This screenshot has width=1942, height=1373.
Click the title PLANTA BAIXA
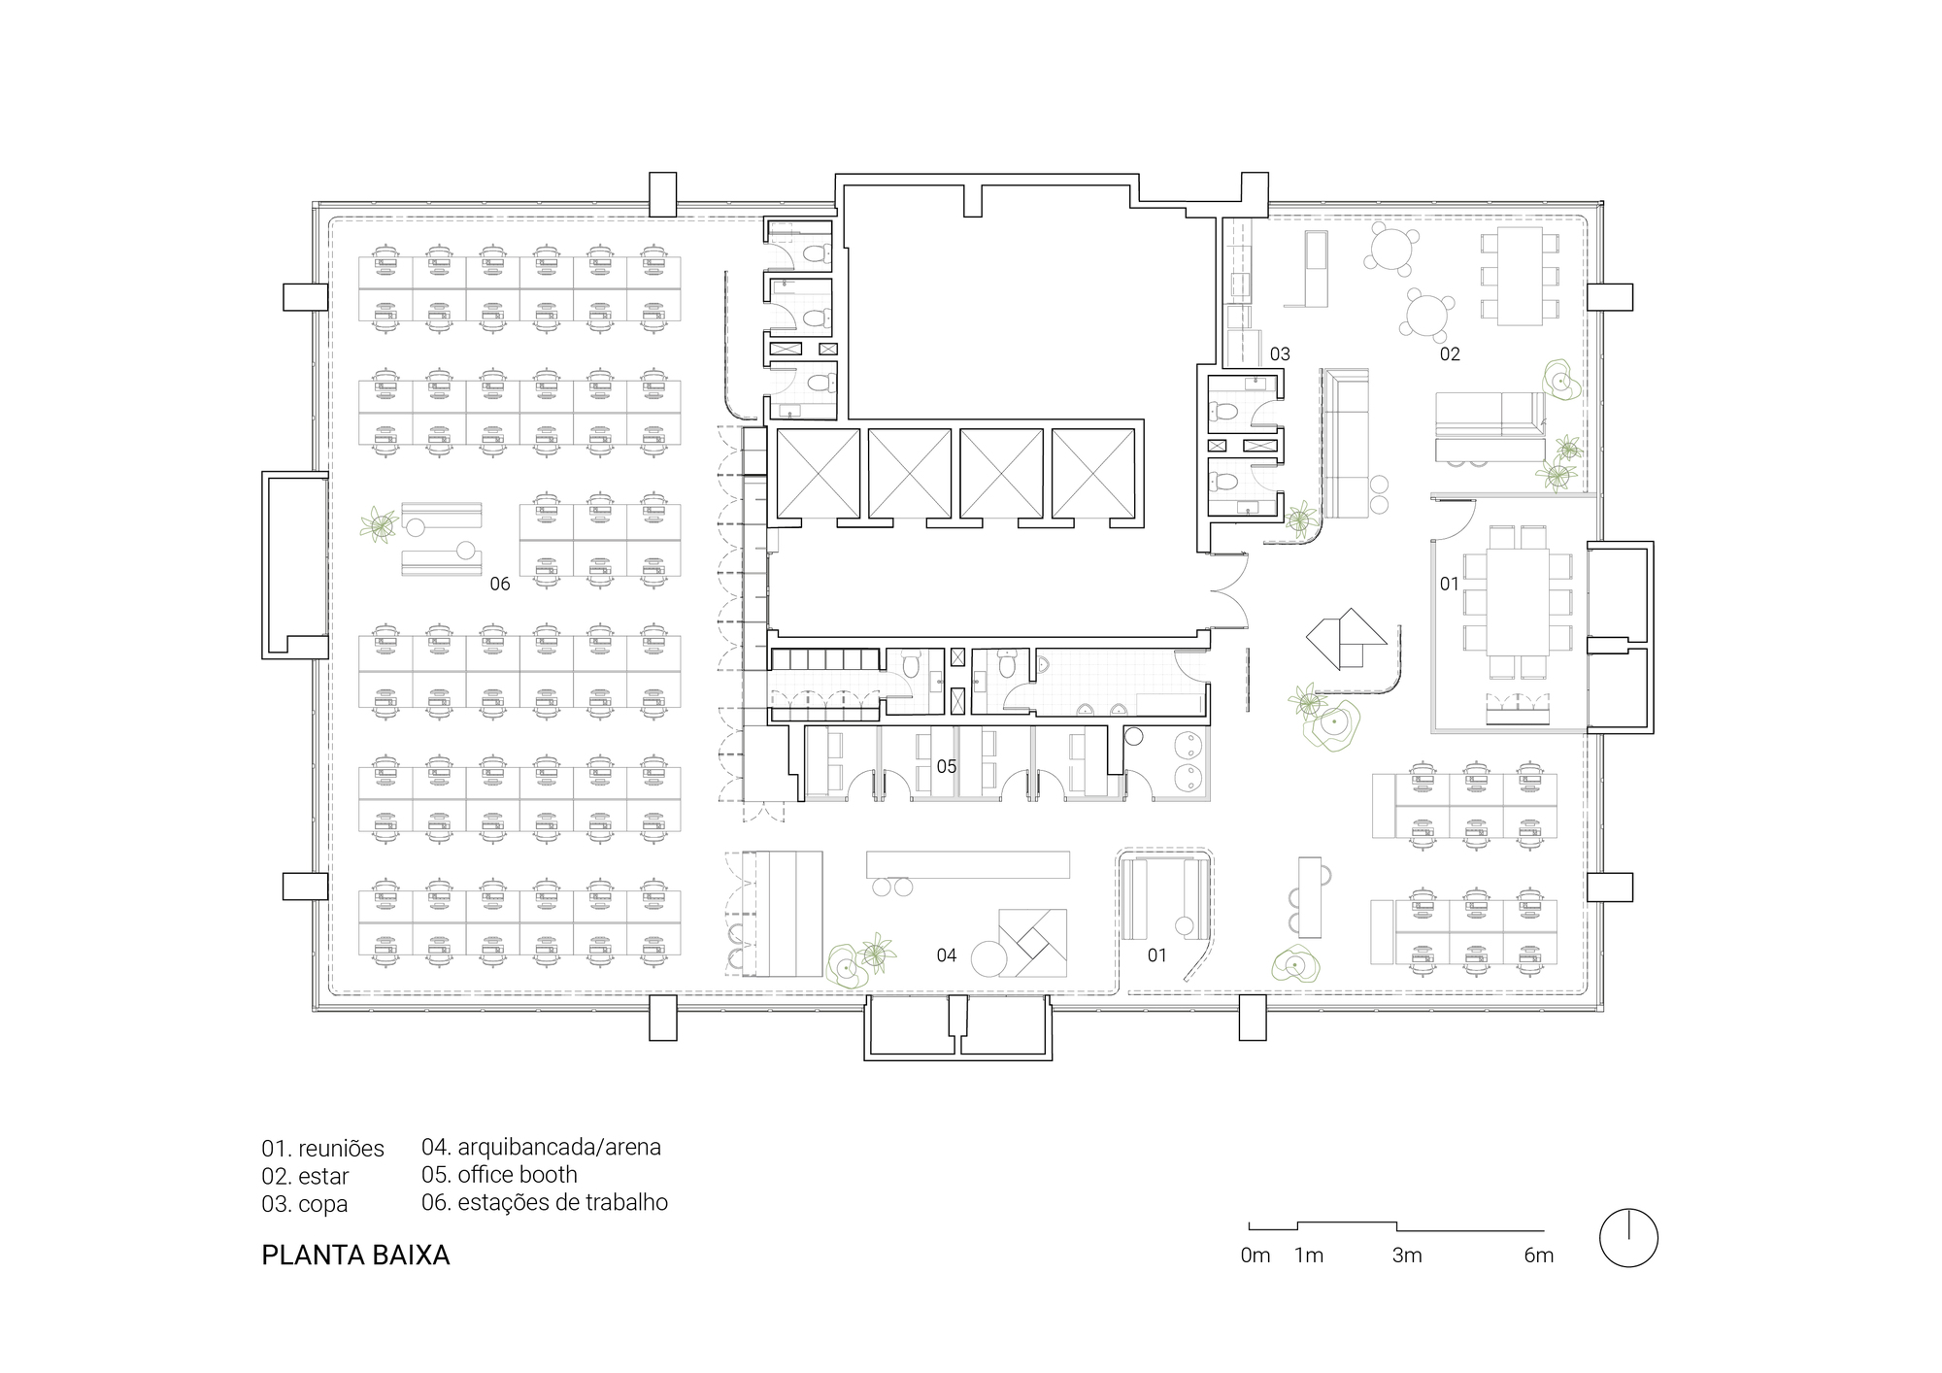355,1256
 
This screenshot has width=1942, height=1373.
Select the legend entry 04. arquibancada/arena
541,1147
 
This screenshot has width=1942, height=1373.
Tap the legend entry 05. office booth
499,1174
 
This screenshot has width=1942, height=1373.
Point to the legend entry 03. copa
304,1204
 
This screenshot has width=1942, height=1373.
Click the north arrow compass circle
1628,1238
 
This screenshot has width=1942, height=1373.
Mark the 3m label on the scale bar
1407,1256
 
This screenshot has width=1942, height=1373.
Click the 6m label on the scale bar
1539,1256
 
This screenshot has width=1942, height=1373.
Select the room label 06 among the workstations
499,584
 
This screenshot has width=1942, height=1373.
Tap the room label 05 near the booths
947,767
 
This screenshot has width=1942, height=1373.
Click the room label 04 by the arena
947,955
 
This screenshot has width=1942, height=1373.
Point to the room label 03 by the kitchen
1280,354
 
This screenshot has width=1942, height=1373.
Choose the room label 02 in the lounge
1450,354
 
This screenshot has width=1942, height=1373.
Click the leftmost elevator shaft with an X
818,473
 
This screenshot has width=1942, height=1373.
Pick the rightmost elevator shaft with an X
1093,473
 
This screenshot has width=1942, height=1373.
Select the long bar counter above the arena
968,864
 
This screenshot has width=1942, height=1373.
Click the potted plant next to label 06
379,525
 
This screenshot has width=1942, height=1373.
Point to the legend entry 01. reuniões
322,1149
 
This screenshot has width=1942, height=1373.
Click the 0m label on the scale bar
1256,1256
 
